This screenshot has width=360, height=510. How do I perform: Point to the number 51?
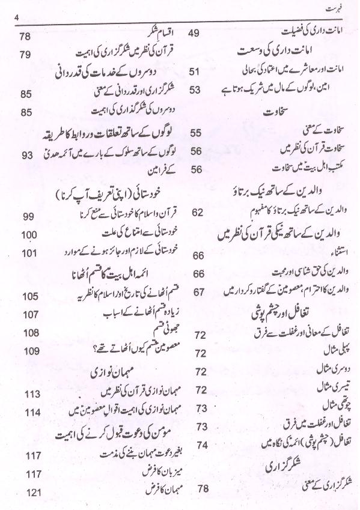click(194, 72)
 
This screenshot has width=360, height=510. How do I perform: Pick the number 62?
click(197, 212)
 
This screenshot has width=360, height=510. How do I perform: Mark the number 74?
click(201, 445)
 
